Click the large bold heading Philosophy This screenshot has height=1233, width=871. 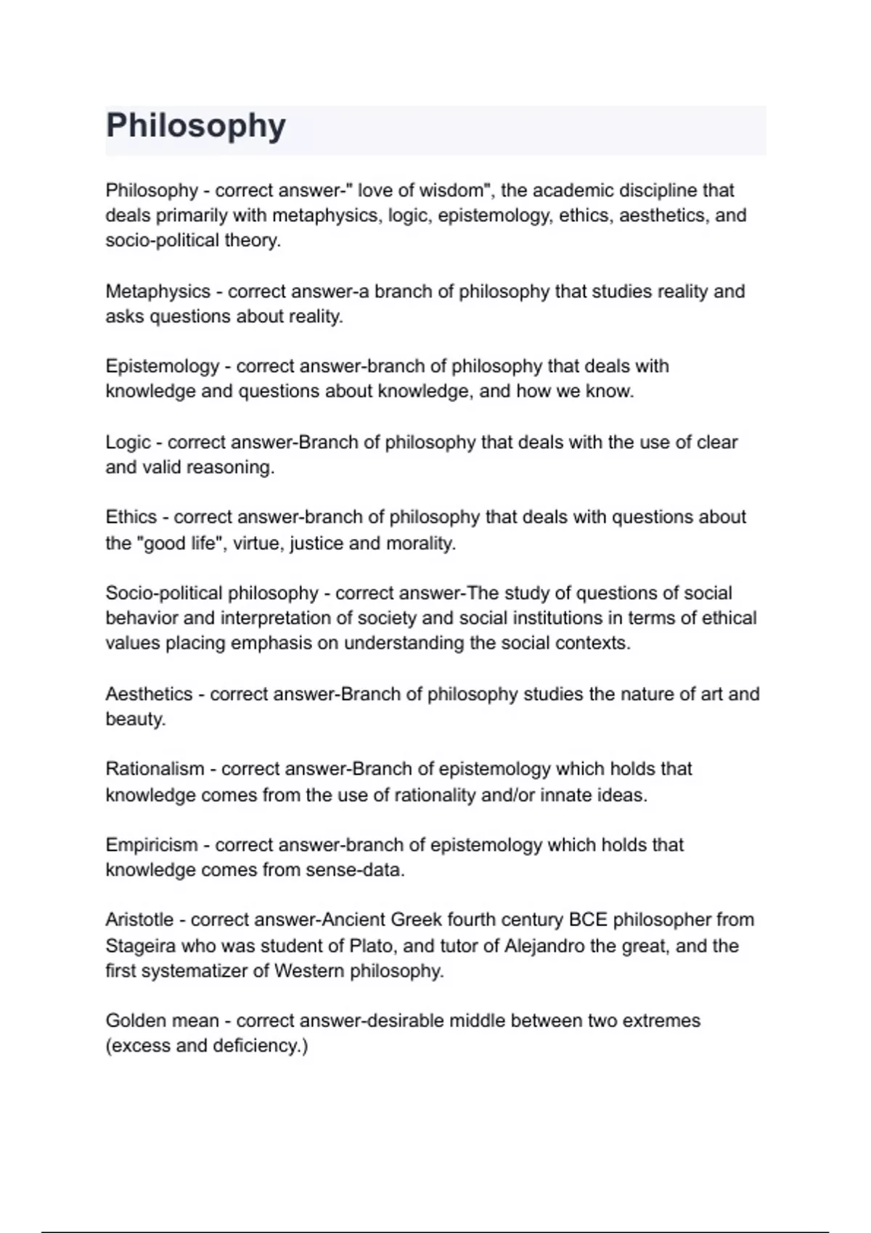click(x=195, y=125)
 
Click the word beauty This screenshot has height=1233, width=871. click(x=135, y=719)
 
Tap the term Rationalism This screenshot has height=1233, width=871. click(x=155, y=769)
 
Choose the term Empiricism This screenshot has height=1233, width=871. click(x=151, y=845)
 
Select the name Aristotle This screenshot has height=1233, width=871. click(x=139, y=920)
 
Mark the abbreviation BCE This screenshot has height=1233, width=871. click(x=588, y=920)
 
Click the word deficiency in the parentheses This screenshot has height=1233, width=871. click(x=259, y=1046)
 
